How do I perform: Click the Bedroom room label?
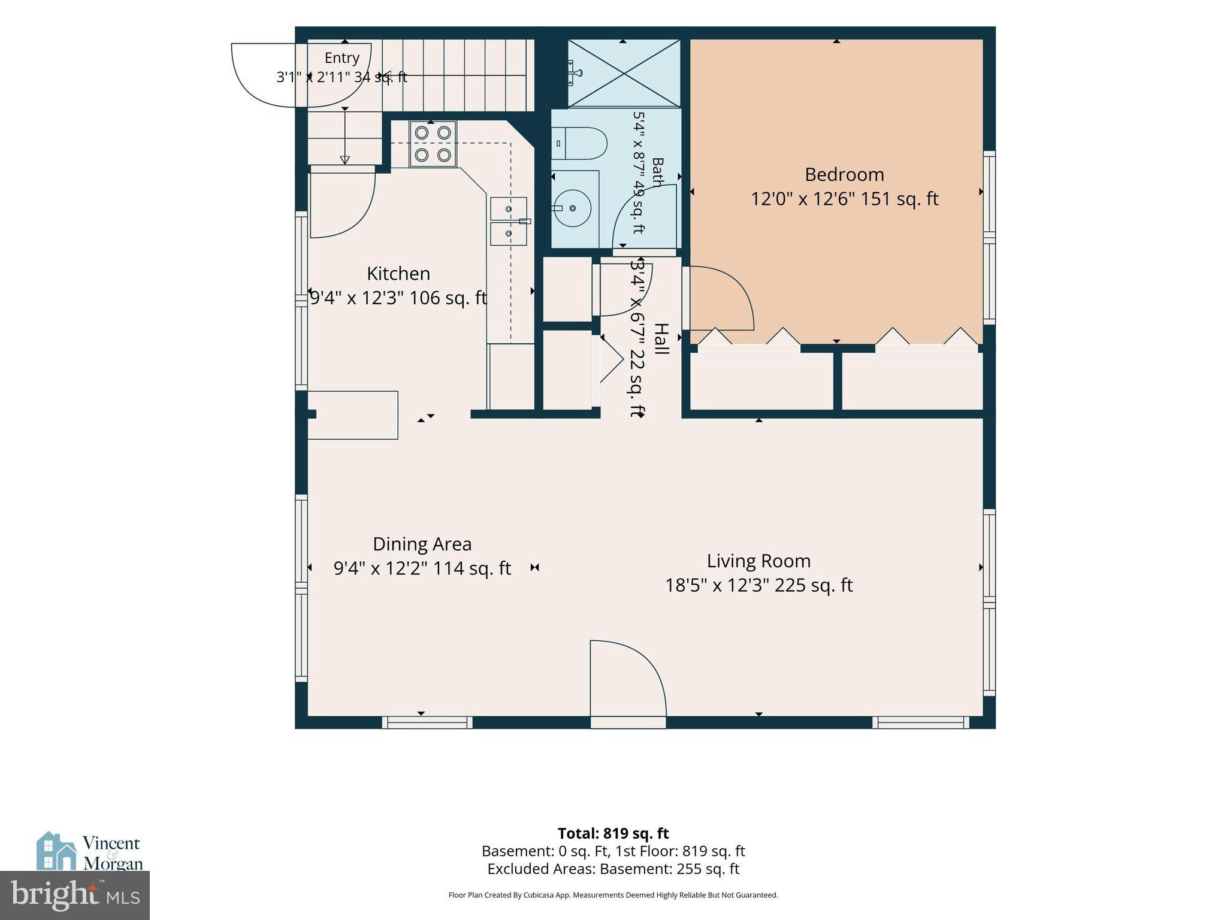pos(844,174)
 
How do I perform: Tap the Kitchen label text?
pos(398,274)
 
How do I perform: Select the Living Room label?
pos(758,561)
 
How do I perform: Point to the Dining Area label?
pos(422,544)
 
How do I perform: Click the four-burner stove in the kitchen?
pos(433,144)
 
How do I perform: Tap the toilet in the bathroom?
pos(579,143)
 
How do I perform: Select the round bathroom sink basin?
pos(572,208)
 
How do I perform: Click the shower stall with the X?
pos(624,74)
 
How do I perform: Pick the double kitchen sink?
pos(509,221)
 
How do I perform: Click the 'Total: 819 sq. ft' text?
pos(613,833)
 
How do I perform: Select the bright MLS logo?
pos(75,895)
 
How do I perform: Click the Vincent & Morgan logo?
pos(90,851)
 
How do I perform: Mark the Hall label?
pos(661,339)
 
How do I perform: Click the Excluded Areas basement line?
pos(613,868)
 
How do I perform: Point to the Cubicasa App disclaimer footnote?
pos(613,895)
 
